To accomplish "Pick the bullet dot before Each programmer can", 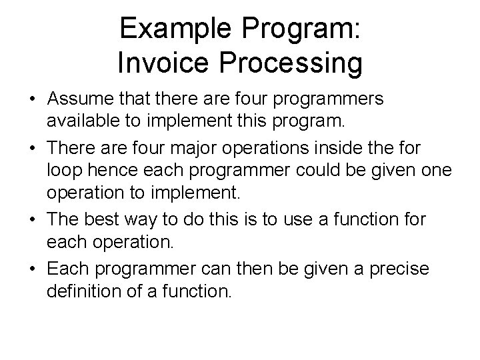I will pos(33,269).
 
